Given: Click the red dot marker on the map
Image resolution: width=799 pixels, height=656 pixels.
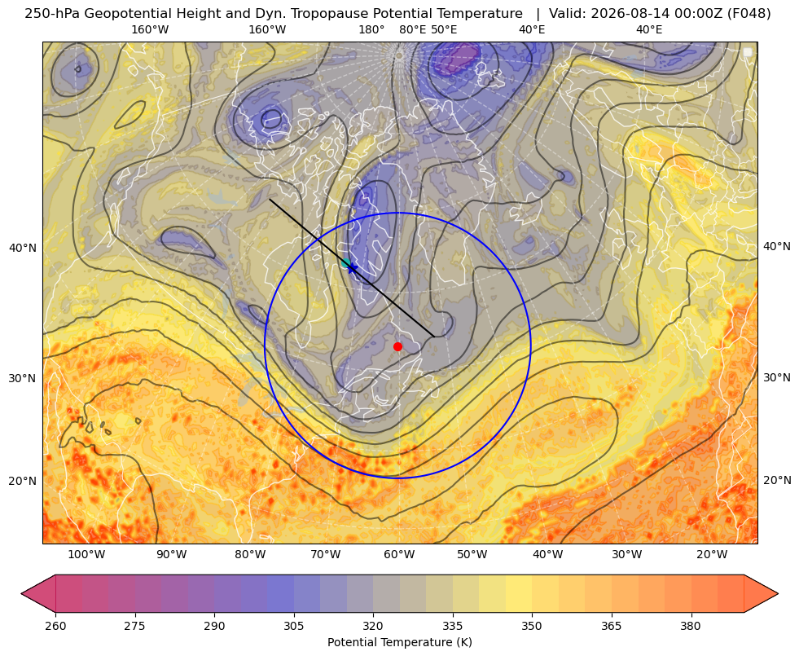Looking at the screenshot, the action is click(x=398, y=346).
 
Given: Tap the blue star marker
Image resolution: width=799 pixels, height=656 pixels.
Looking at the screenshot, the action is click(x=352, y=267).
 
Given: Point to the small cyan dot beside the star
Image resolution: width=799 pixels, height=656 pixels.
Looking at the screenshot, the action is click(x=346, y=263).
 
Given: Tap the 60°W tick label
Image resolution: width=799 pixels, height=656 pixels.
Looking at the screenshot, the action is click(x=399, y=555).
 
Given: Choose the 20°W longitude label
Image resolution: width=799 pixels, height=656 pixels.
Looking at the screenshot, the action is click(x=712, y=555).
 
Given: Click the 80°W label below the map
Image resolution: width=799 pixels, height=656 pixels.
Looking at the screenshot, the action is click(x=250, y=555).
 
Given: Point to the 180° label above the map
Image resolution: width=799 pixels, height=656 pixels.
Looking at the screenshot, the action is click(x=371, y=29).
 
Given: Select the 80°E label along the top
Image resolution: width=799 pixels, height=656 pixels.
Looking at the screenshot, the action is click(x=413, y=29).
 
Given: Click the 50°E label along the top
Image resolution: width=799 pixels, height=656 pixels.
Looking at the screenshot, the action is click(x=444, y=29).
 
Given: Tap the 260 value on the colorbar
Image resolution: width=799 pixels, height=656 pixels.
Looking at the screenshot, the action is click(x=55, y=626).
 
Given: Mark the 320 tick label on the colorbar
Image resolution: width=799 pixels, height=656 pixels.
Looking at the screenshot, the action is click(x=373, y=626).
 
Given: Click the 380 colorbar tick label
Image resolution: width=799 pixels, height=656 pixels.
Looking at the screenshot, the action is click(x=691, y=626).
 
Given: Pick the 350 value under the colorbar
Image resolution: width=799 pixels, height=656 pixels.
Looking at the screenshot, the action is click(x=532, y=626).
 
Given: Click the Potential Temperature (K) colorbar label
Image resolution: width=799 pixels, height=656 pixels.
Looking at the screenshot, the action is click(x=399, y=642).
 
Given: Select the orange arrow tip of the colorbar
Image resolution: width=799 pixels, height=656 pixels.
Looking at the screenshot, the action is click(x=777, y=593).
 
